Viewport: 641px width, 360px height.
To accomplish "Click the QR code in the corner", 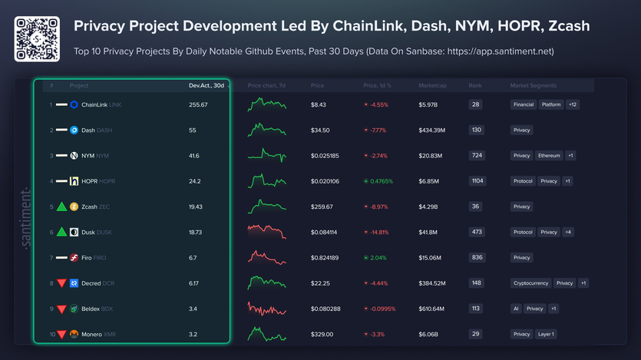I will click(37, 38).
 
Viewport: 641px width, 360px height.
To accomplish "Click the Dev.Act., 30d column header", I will click(206, 85).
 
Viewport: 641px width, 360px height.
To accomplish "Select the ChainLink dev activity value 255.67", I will click(198, 105).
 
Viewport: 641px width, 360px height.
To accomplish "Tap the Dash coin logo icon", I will click(74, 130).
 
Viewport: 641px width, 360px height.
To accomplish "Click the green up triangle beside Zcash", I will click(61, 206).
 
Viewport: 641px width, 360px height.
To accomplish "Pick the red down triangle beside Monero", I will click(61, 335).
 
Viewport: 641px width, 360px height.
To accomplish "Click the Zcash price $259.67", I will click(322, 206).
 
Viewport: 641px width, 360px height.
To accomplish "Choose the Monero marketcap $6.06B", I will click(430, 334).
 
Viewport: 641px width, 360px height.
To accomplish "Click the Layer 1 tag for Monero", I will click(546, 334).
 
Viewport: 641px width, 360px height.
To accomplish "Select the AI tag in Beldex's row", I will click(516, 309).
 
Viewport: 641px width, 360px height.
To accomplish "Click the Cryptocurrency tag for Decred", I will click(531, 283).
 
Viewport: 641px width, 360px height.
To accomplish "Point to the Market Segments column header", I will click(533, 85).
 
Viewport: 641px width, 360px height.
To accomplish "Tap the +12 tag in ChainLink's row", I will click(573, 104).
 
